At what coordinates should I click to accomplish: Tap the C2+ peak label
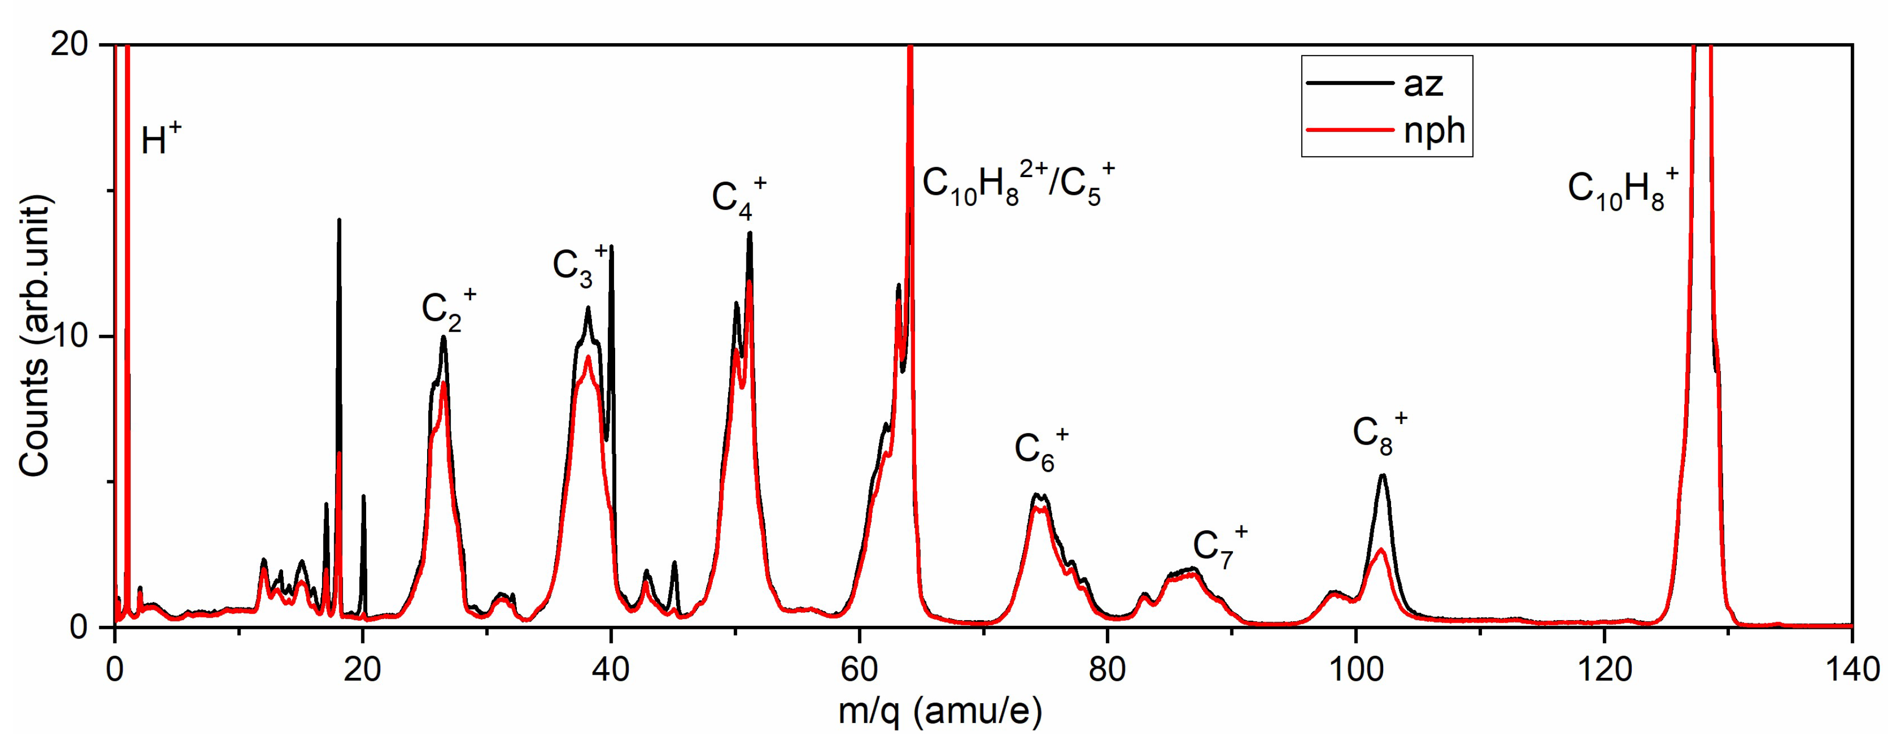(x=448, y=310)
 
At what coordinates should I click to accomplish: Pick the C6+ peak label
(x=1041, y=449)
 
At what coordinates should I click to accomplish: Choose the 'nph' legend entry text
(x=1434, y=130)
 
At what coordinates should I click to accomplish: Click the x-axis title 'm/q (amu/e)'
(x=940, y=710)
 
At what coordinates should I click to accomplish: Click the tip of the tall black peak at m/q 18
(x=339, y=220)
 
